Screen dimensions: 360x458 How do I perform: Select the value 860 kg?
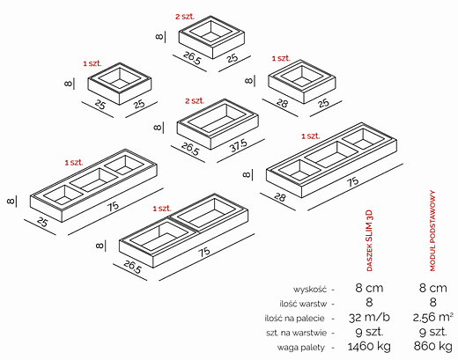(433, 348)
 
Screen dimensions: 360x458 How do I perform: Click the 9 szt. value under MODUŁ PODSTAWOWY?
(433, 333)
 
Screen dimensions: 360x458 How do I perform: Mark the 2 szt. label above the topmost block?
(184, 16)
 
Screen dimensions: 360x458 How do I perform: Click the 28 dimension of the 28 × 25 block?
(281, 103)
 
